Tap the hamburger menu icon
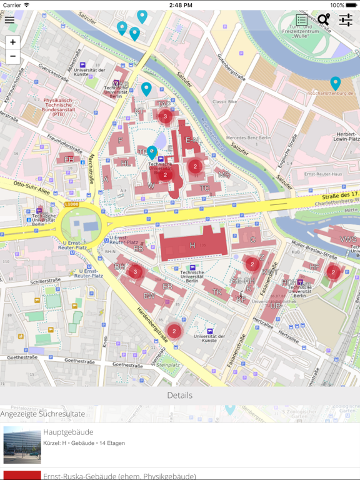[9, 20]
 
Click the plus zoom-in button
[12, 42]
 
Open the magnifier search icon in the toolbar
[323, 20]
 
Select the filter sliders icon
[346, 20]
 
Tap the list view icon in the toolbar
[301, 20]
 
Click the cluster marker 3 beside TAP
[165, 116]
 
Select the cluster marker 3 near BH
[135, 272]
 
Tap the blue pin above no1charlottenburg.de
[336, 82]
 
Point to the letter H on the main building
[192, 246]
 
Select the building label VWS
[347, 239]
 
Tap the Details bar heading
[180, 396]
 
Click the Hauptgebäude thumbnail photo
[22, 444]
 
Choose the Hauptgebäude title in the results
[68, 432]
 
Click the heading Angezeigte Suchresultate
[42, 414]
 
